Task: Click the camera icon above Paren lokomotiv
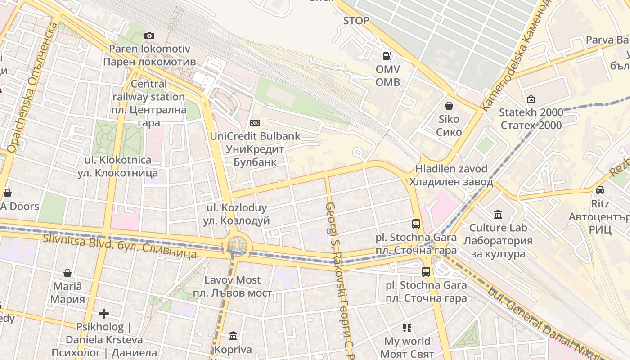(149, 36)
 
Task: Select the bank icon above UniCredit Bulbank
(255, 123)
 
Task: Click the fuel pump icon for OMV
(387, 56)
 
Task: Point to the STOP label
(356, 21)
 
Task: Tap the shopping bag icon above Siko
(449, 106)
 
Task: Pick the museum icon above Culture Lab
(498, 215)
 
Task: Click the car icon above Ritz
(600, 190)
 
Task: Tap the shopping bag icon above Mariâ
(67, 273)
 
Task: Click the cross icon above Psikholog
(104, 313)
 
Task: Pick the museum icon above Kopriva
(233, 336)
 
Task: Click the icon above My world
(407, 328)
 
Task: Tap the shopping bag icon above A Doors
(7, 193)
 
